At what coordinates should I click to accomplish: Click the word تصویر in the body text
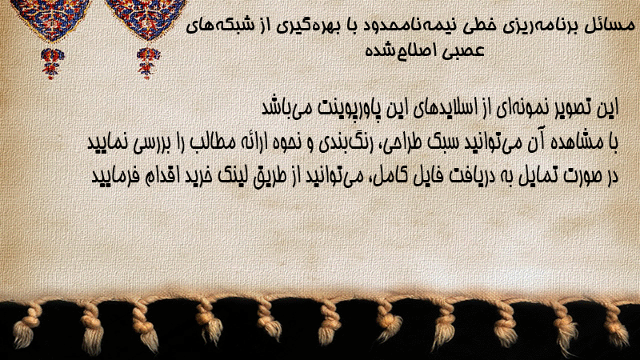coord(574,108)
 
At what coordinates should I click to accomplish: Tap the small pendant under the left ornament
coord(52,63)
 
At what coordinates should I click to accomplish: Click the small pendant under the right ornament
coord(148,63)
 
